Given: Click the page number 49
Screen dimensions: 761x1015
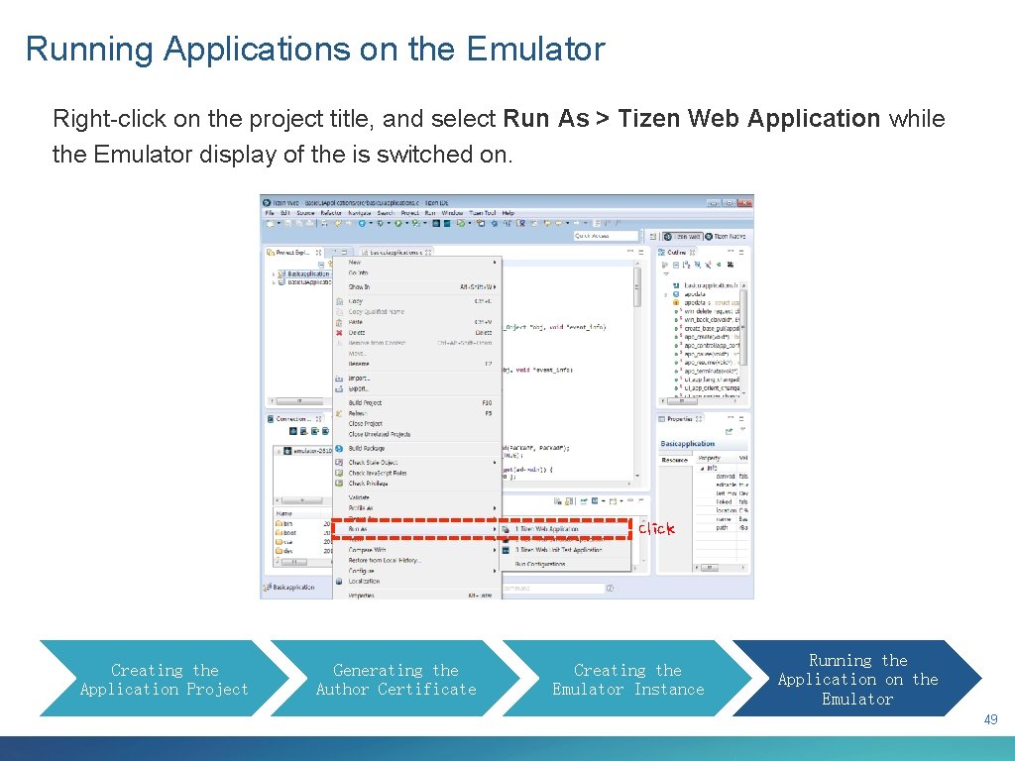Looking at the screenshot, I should click(990, 720).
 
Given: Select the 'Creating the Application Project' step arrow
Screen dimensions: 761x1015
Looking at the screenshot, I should click(164, 680).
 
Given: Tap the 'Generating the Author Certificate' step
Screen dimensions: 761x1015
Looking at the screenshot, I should click(395, 680).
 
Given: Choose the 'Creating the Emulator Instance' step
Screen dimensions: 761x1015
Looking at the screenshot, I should click(627, 680).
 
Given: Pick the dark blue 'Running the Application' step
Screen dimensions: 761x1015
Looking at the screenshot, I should click(857, 680).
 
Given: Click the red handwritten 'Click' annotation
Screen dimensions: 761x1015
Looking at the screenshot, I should click(656, 529).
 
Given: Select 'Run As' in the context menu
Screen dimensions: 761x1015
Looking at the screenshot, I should click(358, 529).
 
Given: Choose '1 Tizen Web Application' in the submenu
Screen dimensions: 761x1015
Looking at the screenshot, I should click(546, 529).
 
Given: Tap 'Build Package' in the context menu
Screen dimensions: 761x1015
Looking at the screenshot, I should click(367, 449).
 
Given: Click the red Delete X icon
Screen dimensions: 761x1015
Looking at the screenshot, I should click(339, 333).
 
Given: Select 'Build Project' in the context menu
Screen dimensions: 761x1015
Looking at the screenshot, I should click(365, 403).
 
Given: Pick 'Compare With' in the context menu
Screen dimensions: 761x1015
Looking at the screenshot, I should click(367, 550).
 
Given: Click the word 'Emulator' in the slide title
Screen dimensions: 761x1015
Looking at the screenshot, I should click(535, 49).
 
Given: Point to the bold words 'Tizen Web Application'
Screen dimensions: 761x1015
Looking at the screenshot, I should click(748, 119).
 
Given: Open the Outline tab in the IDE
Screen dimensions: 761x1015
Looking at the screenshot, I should click(677, 253).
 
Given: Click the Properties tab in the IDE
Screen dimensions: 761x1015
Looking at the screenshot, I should click(680, 419).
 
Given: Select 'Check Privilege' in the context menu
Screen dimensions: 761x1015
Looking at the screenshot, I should click(369, 484).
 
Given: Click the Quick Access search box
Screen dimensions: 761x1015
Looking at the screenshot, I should click(607, 236).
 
